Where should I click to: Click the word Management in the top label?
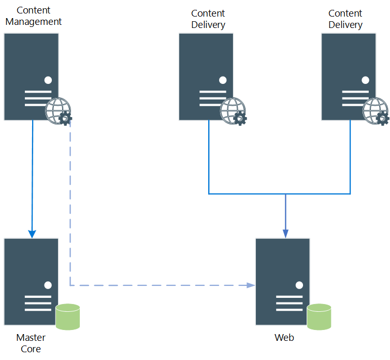tap(34, 22)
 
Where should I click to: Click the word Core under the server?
tap(31, 349)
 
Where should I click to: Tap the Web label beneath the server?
tap(284, 338)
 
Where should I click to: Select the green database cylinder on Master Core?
tap(68, 316)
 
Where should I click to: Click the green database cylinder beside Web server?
tap(319, 316)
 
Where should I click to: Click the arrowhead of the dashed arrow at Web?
tap(251, 285)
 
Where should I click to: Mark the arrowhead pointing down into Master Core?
tap(32, 234)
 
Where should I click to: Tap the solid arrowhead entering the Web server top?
tap(285, 234)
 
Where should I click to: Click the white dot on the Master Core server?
tap(48, 285)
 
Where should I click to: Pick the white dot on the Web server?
tap(299, 285)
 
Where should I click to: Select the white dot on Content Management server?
tap(48, 80)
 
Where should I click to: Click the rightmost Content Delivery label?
tap(345, 19)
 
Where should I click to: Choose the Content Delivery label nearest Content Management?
tap(208, 19)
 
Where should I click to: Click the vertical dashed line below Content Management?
tap(70, 207)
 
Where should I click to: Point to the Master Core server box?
tap(31, 269)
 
